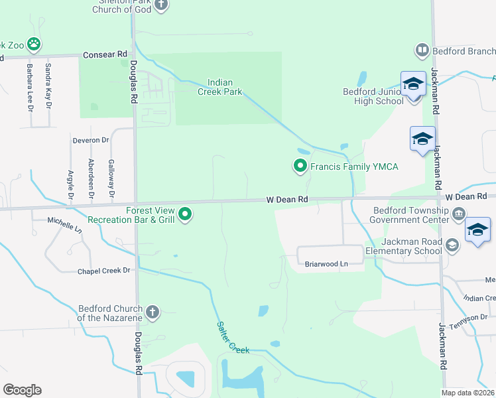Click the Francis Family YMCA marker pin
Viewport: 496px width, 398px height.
coord(300,166)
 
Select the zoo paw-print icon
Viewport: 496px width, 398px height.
coord(33,45)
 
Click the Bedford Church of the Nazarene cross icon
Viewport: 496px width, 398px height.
coord(152,312)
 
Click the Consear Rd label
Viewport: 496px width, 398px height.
coord(105,54)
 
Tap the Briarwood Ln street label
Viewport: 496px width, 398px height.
coord(326,264)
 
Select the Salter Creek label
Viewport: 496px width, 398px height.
coord(233,337)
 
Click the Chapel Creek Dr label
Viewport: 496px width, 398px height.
coord(105,271)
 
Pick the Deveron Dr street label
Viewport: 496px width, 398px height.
coord(91,140)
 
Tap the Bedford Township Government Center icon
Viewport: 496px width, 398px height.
coord(459,214)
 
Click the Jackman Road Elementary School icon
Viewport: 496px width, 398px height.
coord(452,245)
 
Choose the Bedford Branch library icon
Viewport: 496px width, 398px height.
coord(421,50)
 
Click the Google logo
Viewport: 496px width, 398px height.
coord(22,390)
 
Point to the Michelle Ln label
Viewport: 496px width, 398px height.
coord(64,224)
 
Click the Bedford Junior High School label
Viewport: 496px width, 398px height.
coord(373,97)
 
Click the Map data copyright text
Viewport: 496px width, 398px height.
coord(468,393)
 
